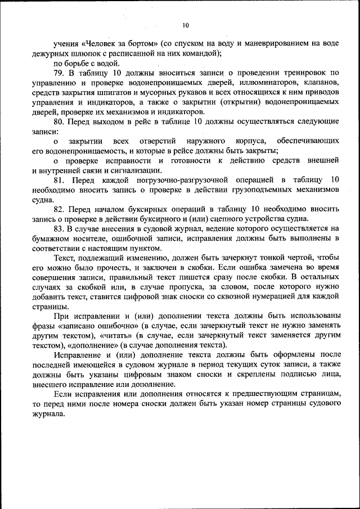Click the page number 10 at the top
click(x=186, y=25)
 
